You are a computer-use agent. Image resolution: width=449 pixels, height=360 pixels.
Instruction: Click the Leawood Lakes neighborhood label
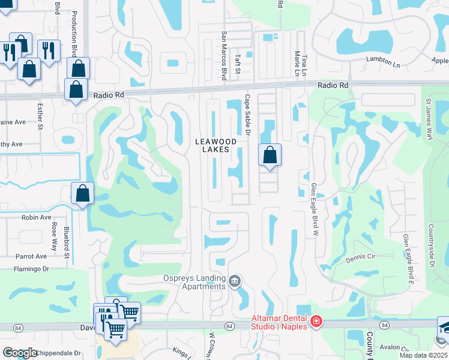pyautogui.click(x=212, y=145)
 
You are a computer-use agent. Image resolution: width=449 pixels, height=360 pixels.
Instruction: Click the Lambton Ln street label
pyautogui.click(x=383, y=62)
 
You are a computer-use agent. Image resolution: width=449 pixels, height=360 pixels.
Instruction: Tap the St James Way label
pyautogui.click(x=429, y=120)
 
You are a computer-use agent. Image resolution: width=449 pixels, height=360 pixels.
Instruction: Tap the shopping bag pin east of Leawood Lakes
pyautogui.click(x=270, y=155)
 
